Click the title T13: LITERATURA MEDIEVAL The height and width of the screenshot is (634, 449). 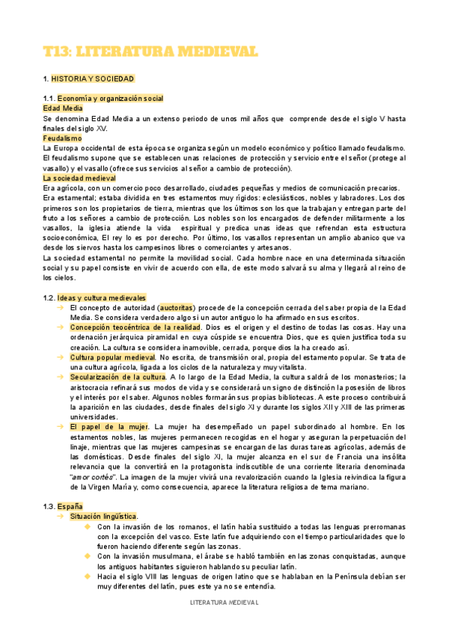150,51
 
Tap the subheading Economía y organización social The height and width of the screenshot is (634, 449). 110,99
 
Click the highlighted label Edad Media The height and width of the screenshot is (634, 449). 63,108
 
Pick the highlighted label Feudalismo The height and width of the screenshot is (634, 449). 62,138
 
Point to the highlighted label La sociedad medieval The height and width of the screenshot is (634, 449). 79,179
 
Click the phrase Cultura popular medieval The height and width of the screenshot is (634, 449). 112,357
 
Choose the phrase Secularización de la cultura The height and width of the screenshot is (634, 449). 117,377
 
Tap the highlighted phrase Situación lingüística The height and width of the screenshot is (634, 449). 104,516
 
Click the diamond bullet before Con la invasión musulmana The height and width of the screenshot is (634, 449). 88,555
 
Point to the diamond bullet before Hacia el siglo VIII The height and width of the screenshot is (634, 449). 88,576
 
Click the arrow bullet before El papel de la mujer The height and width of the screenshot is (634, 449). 60,426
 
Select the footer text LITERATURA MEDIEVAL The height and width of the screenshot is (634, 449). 224,602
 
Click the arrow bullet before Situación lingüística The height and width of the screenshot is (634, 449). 60,516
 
